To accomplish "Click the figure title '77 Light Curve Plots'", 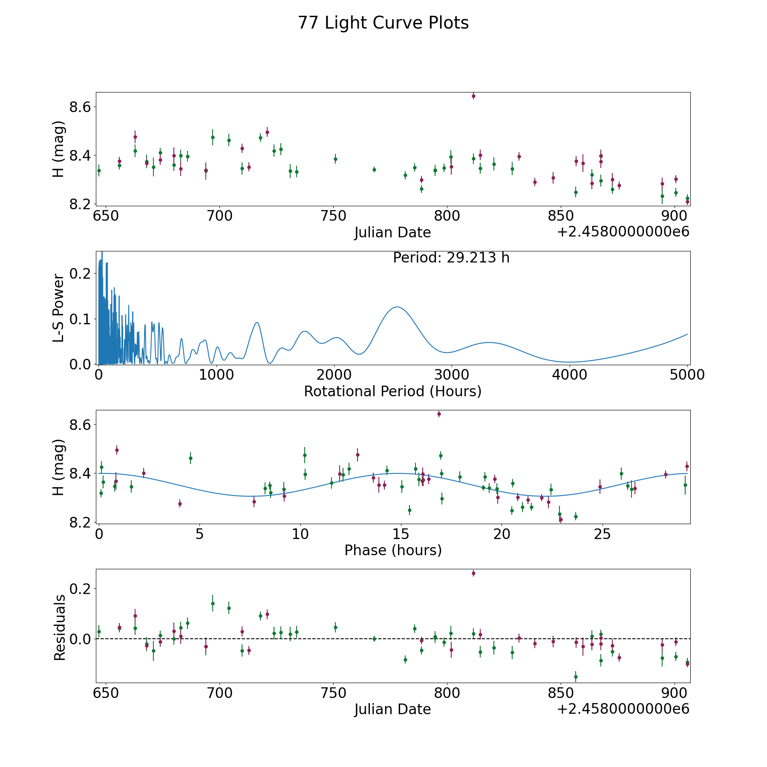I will coord(383,23).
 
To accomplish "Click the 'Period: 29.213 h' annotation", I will coord(451,258).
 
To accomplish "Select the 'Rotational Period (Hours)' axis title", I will coord(392,391).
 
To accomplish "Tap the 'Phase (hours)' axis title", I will coord(393,550).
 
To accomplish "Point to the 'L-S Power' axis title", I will coord(59,308).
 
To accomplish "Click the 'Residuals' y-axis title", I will coord(60,628).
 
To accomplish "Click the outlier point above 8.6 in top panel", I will coord(473,96).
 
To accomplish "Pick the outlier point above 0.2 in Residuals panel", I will coord(473,574).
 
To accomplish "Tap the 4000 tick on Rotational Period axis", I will coord(569,375).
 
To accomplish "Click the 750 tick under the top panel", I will coord(333,216).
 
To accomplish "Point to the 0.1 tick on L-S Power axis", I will coord(81,319).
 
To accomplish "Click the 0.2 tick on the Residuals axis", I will coord(81,589).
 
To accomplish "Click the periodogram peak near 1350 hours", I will coord(257,322).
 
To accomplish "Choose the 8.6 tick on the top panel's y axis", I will coord(81,107).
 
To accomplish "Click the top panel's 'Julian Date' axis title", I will coord(392,233).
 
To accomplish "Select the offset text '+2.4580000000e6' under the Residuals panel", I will coord(623,709).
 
